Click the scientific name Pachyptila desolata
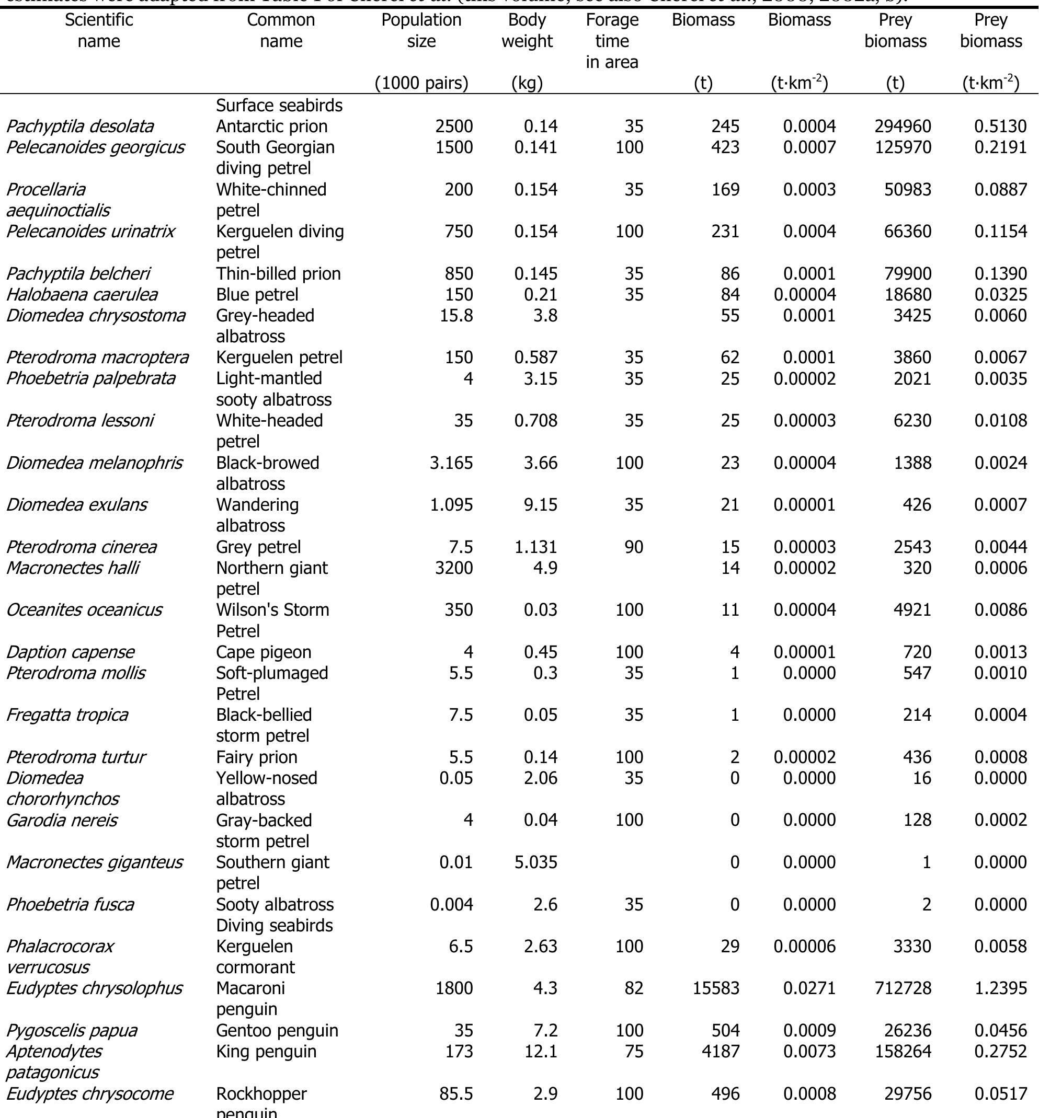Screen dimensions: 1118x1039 (x=79, y=126)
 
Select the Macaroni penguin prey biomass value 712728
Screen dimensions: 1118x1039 (x=903, y=988)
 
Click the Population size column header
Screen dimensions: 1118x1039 (x=421, y=30)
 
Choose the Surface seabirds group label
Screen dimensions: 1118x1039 (x=279, y=105)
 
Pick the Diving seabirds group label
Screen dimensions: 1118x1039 (x=275, y=925)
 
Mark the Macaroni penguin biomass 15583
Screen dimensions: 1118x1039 (x=716, y=988)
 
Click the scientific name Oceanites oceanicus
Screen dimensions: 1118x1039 (x=84, y=610)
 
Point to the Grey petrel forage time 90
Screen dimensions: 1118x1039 (x=634, y=547)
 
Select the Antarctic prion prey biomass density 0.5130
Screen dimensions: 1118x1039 (x=1000, y=126)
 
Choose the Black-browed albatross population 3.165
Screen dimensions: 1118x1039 (x=451, y=463)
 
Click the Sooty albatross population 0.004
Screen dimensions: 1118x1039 (x=451, y=904)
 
